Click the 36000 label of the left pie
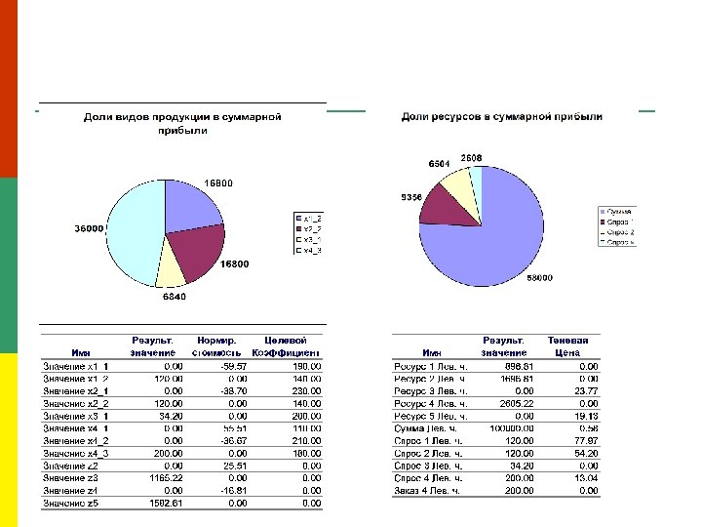tap(89, 228)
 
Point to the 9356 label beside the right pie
tap(411, 197)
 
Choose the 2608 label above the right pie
tap(472, 157)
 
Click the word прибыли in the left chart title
tap(183, 130)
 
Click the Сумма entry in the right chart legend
tap(619, 211)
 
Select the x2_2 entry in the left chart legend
tap(312, 227)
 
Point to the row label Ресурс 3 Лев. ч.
tap(430, 391)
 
